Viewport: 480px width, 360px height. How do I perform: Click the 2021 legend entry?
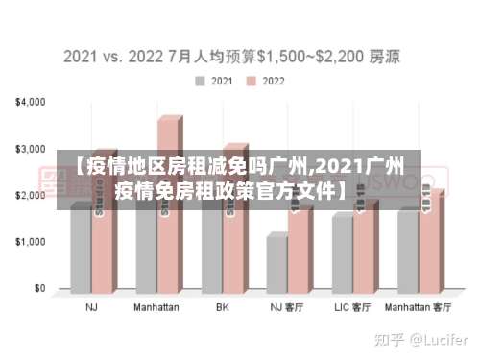215,81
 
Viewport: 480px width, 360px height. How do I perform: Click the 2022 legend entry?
266,81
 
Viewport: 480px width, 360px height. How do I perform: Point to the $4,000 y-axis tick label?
32,102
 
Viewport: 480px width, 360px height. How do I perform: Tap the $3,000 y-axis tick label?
32,150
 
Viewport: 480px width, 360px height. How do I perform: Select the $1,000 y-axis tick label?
32,242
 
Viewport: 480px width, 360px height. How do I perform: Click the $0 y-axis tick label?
39,288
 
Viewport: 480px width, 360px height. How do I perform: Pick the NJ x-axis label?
91,308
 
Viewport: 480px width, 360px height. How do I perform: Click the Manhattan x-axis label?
156,308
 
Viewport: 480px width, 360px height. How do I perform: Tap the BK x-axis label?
222,308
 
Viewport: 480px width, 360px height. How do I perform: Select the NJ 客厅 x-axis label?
287,308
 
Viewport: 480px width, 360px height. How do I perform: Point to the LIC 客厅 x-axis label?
352,308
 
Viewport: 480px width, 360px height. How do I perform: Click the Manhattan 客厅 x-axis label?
418,308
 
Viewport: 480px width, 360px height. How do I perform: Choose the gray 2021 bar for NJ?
80,250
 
